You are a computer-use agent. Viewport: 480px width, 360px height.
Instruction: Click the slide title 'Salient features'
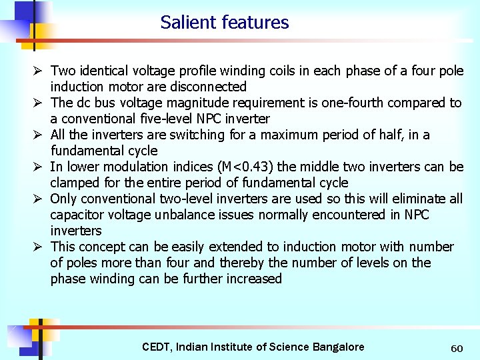pos(225,23)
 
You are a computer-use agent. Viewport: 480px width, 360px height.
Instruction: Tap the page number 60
pos(457,349)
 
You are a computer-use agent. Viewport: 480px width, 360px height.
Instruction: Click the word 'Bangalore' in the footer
pos(337,347)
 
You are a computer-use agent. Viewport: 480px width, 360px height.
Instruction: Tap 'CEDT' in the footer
pos(156,347)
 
